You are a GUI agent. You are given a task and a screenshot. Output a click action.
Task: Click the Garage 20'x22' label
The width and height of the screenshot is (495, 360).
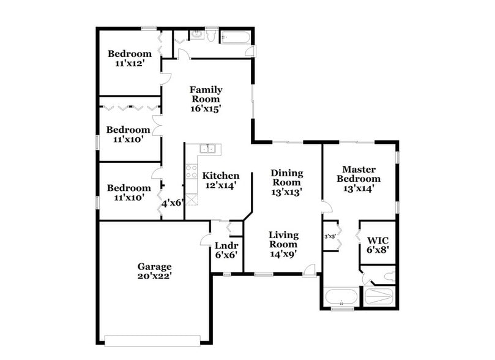click(x=154, y=271)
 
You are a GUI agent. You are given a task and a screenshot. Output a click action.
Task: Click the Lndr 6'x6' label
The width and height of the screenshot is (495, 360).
click(x=226, y=250)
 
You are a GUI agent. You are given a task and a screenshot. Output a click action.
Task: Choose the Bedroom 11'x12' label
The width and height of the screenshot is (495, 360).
click(x=129, y=58)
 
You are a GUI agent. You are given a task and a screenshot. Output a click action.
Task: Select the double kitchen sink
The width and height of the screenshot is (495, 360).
click(x=208, y=148)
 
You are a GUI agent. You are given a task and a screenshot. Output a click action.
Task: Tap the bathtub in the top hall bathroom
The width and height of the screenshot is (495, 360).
click(x=236, y=38)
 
